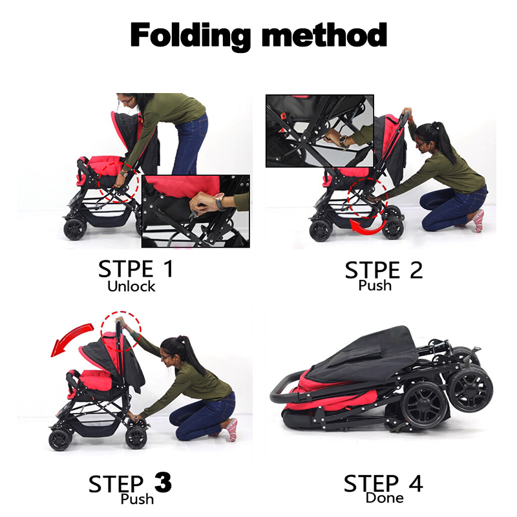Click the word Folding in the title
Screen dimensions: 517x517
pos(190,36)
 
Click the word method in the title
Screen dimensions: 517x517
pos(324,34)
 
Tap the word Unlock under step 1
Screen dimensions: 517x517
pos(131,286)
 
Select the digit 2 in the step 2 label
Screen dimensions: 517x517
pos(416,270)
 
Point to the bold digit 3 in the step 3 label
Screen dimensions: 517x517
pos(163,483)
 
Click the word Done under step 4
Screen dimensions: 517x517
pos(385,498)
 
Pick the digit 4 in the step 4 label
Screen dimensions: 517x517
pos(416,483)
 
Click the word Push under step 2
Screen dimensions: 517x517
pos(375,285)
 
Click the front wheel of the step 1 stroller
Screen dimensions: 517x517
pos(75,229)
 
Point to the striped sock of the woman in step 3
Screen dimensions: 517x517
pos(231,430)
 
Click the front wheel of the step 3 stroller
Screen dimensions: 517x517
pos(60,440)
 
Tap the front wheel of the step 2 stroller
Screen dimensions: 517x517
pos(321,231)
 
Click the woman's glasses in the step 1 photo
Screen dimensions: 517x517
pos(126,100)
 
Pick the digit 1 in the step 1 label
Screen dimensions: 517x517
pos(169,268)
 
